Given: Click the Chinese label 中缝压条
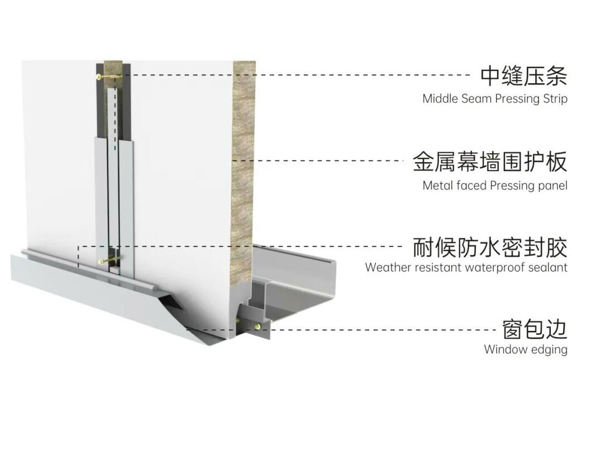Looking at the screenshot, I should (523, 76).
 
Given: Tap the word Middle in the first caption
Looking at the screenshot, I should (440, 99).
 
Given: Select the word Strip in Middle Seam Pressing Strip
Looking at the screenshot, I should (555, 99).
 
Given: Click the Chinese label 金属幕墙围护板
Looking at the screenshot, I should (490, 162).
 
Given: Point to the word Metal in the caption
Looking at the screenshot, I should (438, 186).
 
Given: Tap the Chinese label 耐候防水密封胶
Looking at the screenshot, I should (490, 247).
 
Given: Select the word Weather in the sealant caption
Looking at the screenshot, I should (388, 267).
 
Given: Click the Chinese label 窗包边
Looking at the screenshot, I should (535, 329).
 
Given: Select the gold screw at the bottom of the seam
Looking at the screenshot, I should (102, 261).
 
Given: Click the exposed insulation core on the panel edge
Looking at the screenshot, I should (244, 168).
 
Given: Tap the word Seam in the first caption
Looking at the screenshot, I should (473, 99).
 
